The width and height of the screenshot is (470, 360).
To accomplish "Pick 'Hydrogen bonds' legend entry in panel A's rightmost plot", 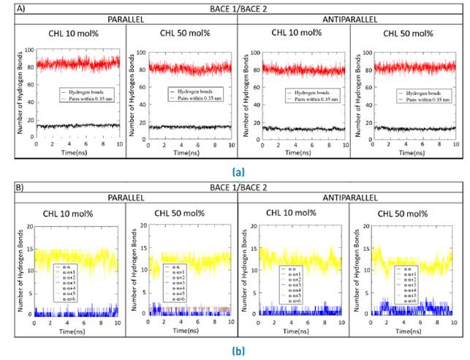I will coord(413,92).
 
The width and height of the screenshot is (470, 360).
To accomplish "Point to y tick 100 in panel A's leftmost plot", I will coord(28,50).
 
